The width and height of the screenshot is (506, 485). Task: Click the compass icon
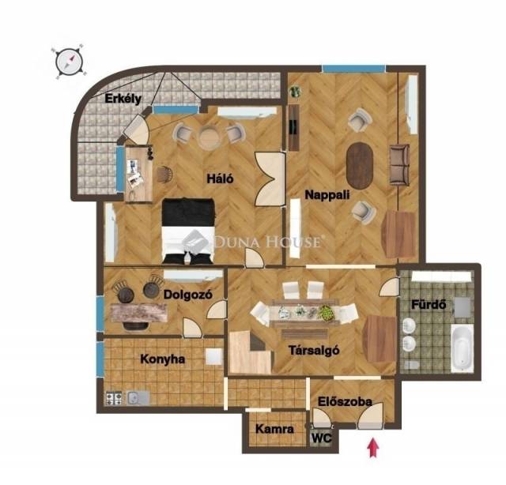click(x=69, y=61)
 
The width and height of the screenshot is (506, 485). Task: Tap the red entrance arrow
click(x=373, y=447)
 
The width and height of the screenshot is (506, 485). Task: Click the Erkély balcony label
click(x=123, y=99)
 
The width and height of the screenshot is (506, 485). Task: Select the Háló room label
click(x=220, y=179)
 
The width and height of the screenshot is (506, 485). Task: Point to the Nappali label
click(x=327, y=195)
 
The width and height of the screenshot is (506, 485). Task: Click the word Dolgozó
click(x=188, y=295)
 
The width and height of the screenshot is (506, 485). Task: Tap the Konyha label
click(x=162, y=359)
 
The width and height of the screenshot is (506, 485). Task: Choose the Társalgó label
click(x=314, y=350)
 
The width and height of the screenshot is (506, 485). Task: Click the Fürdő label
click(x=429, y=304)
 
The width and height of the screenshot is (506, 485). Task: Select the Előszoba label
click(x=345, y=401)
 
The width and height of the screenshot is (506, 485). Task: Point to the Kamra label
click(x=274, y=429)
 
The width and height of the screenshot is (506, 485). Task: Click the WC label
click(x=322, y=438)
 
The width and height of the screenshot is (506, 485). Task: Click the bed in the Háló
click(x=188, y=231)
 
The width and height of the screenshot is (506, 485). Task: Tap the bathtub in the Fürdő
click(x=462, y=348)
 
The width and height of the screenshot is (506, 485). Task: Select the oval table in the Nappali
click(x=360, y=166)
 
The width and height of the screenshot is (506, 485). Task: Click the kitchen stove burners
click(x=114, y=399)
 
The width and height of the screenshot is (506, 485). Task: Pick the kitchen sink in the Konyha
click(x=138, y=399)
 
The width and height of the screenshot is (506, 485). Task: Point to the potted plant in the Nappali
click(x=295, y=92)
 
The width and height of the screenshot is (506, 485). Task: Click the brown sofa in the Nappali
click(x=399, y=164)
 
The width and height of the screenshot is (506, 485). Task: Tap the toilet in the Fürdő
click(x=411, y=365)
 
